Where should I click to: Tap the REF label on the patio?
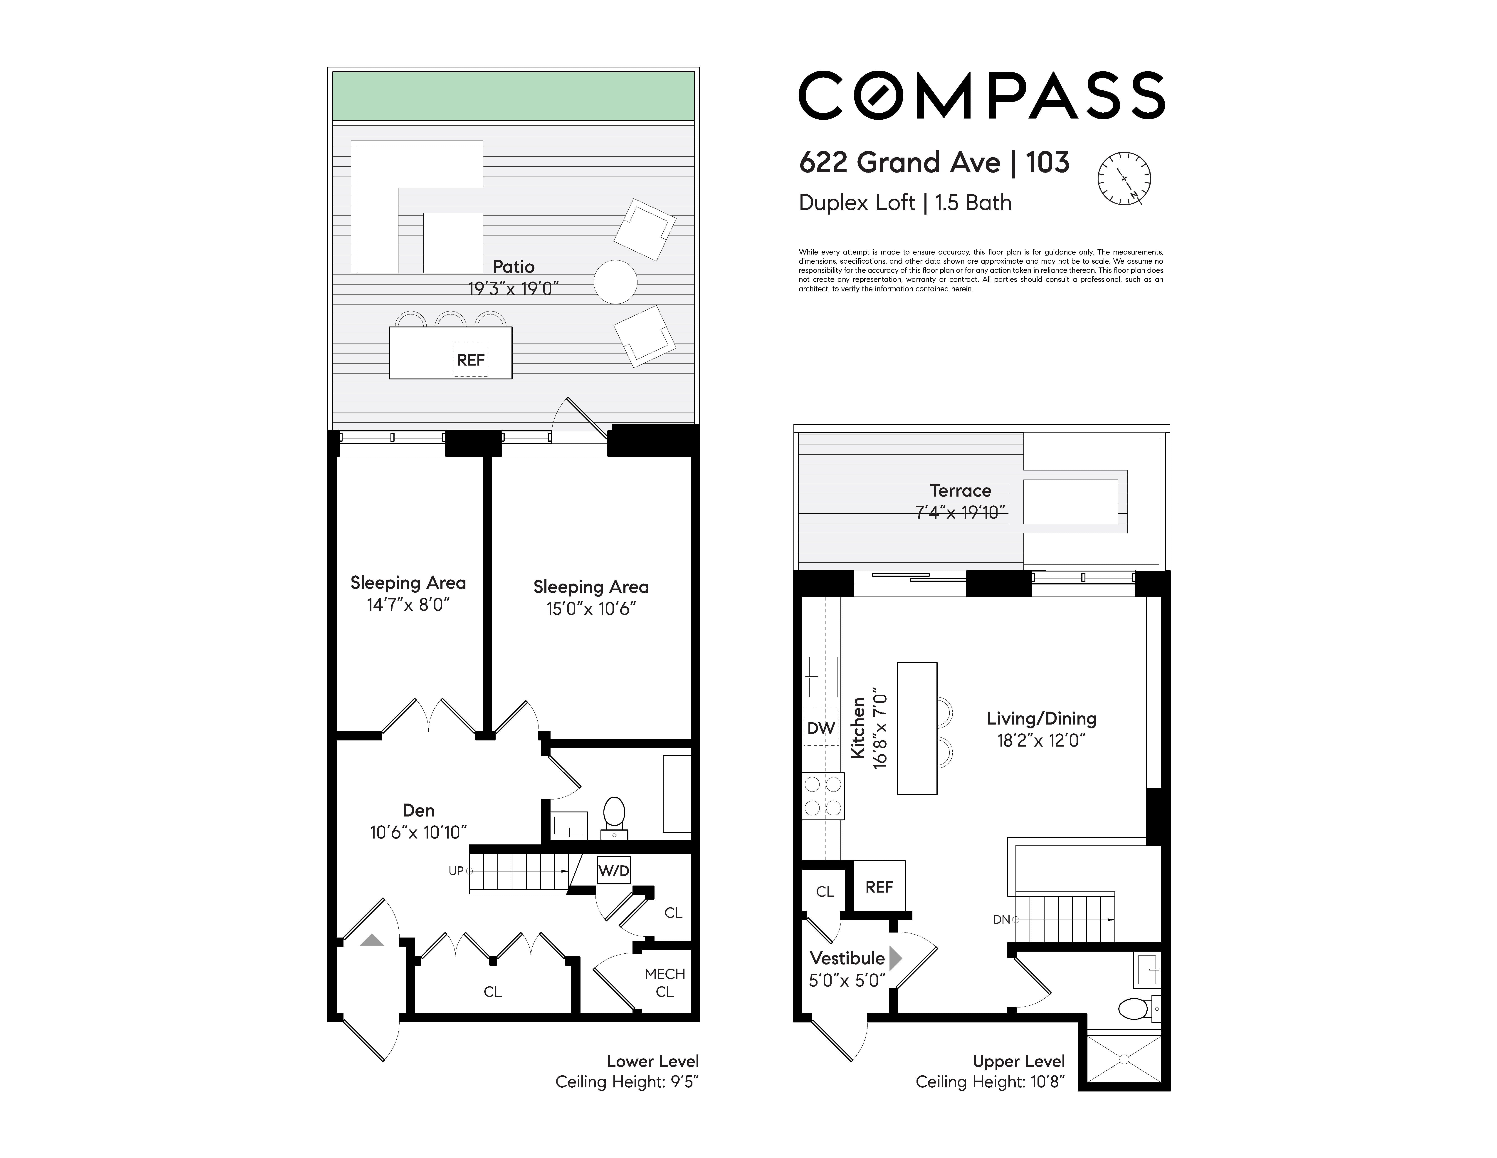[x=471, y=360]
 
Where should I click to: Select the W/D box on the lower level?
[x=613, y=871]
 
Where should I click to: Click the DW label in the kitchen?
[x=820, y=728]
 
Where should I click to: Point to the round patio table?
[x=615, y=282]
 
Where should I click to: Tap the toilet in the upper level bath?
[x=1138, y=1009]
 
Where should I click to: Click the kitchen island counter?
[x=917, y=728]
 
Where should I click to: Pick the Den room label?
[x=419, y=810]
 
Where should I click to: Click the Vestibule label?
[x=847, y=958]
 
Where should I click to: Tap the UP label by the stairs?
[x=456, y=871]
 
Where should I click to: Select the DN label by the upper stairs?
[x=1001, y=919]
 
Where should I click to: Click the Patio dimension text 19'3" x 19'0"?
[x=513, y=289]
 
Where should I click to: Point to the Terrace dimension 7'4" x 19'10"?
[x=960, y=512]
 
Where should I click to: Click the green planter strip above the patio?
[x=513, y=96]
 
